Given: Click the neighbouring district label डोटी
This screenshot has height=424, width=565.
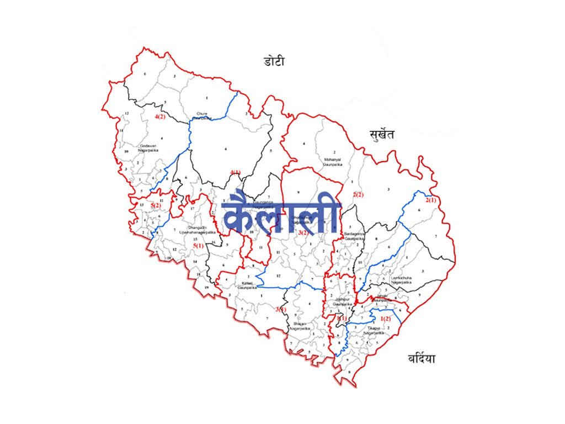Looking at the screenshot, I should pos(274,61).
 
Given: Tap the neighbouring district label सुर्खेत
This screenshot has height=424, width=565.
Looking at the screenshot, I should pos(382,134).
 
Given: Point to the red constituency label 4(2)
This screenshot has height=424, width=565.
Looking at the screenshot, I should pos(160,117).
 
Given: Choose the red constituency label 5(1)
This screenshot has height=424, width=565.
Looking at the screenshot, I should pos(198,245).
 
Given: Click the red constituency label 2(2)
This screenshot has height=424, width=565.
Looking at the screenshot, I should pos(358,194).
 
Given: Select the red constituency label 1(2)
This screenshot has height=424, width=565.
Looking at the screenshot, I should pos(386,319).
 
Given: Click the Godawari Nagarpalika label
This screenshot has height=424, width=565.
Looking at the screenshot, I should pos(149,148).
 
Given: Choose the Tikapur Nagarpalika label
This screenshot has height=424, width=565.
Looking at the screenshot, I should pos(373,332).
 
